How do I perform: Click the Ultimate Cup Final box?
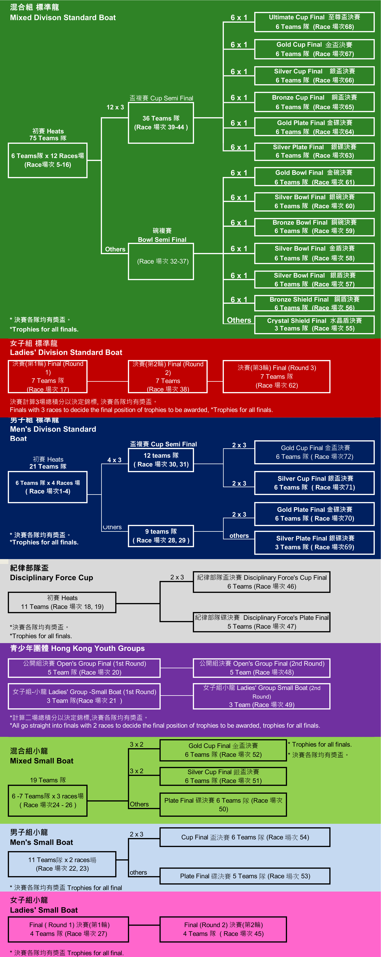point(314,22)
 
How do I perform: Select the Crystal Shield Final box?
point(314,324)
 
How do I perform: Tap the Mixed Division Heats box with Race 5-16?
point(48,160)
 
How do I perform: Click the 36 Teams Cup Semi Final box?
point(161,123)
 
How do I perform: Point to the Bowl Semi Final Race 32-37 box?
point(161,261)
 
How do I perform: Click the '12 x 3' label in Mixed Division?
point(115,107)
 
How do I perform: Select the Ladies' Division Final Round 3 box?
point(276,376)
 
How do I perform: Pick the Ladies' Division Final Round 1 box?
point(48,376)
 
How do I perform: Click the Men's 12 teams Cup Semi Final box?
point(161,460)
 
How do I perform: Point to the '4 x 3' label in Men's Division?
point(114,460)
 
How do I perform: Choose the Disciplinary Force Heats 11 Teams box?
point(62,602)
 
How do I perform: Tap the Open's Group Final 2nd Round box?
point(261,668)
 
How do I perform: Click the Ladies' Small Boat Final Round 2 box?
point(223,929)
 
